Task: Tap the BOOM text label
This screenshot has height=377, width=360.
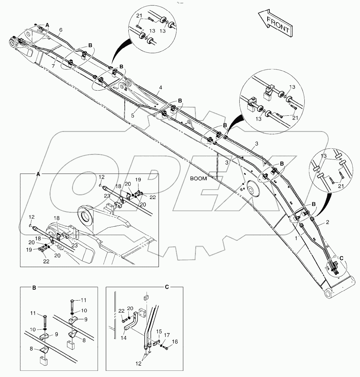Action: (199, 179)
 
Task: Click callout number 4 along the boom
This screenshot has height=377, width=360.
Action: (160, 87)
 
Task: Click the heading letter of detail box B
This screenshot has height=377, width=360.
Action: (34, 287)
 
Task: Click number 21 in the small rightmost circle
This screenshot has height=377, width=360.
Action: (341, 187)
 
